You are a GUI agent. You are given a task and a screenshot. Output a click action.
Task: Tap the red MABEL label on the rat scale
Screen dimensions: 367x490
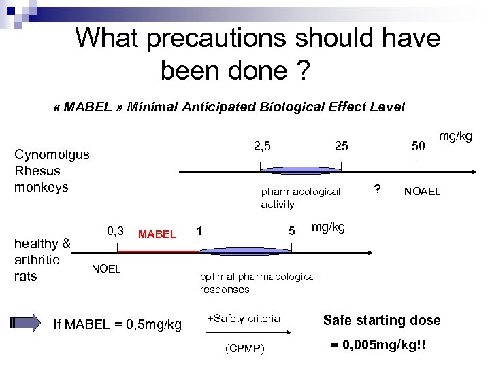click(x=157, y=234)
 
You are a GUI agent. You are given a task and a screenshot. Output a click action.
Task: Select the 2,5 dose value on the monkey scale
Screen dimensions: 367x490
click(x=262, y=146)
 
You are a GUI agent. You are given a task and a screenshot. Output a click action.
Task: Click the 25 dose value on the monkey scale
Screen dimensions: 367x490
click(x=342, y=146)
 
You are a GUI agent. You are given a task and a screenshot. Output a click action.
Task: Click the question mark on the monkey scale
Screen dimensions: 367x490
click(x=378, y=189)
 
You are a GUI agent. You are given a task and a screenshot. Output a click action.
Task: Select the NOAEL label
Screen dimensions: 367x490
click(x=422, y=192)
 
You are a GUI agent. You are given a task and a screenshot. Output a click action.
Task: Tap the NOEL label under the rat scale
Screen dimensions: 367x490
click(x=105, y=268)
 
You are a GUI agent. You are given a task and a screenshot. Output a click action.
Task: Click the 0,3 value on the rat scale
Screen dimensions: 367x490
click(x=115, y=231)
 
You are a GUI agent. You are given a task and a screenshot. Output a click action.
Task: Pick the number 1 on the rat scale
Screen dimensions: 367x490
click(x=199, y=231)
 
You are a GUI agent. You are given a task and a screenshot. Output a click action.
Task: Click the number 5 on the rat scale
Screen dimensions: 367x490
click(x=291, y=232)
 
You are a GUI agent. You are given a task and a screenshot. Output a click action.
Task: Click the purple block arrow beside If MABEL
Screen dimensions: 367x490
click(x=27, y=324)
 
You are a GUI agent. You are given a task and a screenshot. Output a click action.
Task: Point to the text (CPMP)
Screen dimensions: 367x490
click(x=245, y=349)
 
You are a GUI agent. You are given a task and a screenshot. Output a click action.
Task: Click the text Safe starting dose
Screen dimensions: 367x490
click(x=382, y=320)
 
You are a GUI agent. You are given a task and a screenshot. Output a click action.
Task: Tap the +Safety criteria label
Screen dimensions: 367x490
click(x=243, y=318)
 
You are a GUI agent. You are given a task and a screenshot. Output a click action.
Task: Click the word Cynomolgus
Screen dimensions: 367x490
click(x=52, y=154)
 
